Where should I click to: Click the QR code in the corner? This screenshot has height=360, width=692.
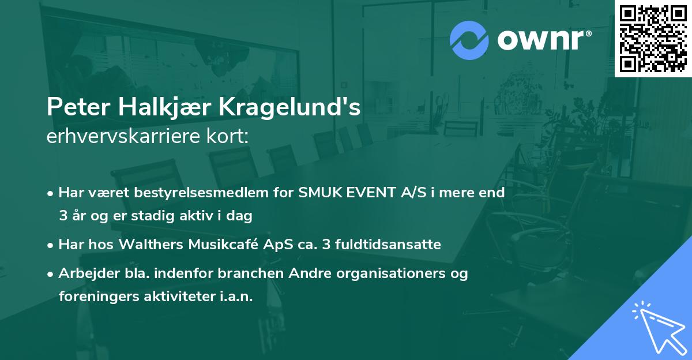coord(653,38)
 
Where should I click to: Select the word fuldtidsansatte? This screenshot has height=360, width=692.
coord(392,245)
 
